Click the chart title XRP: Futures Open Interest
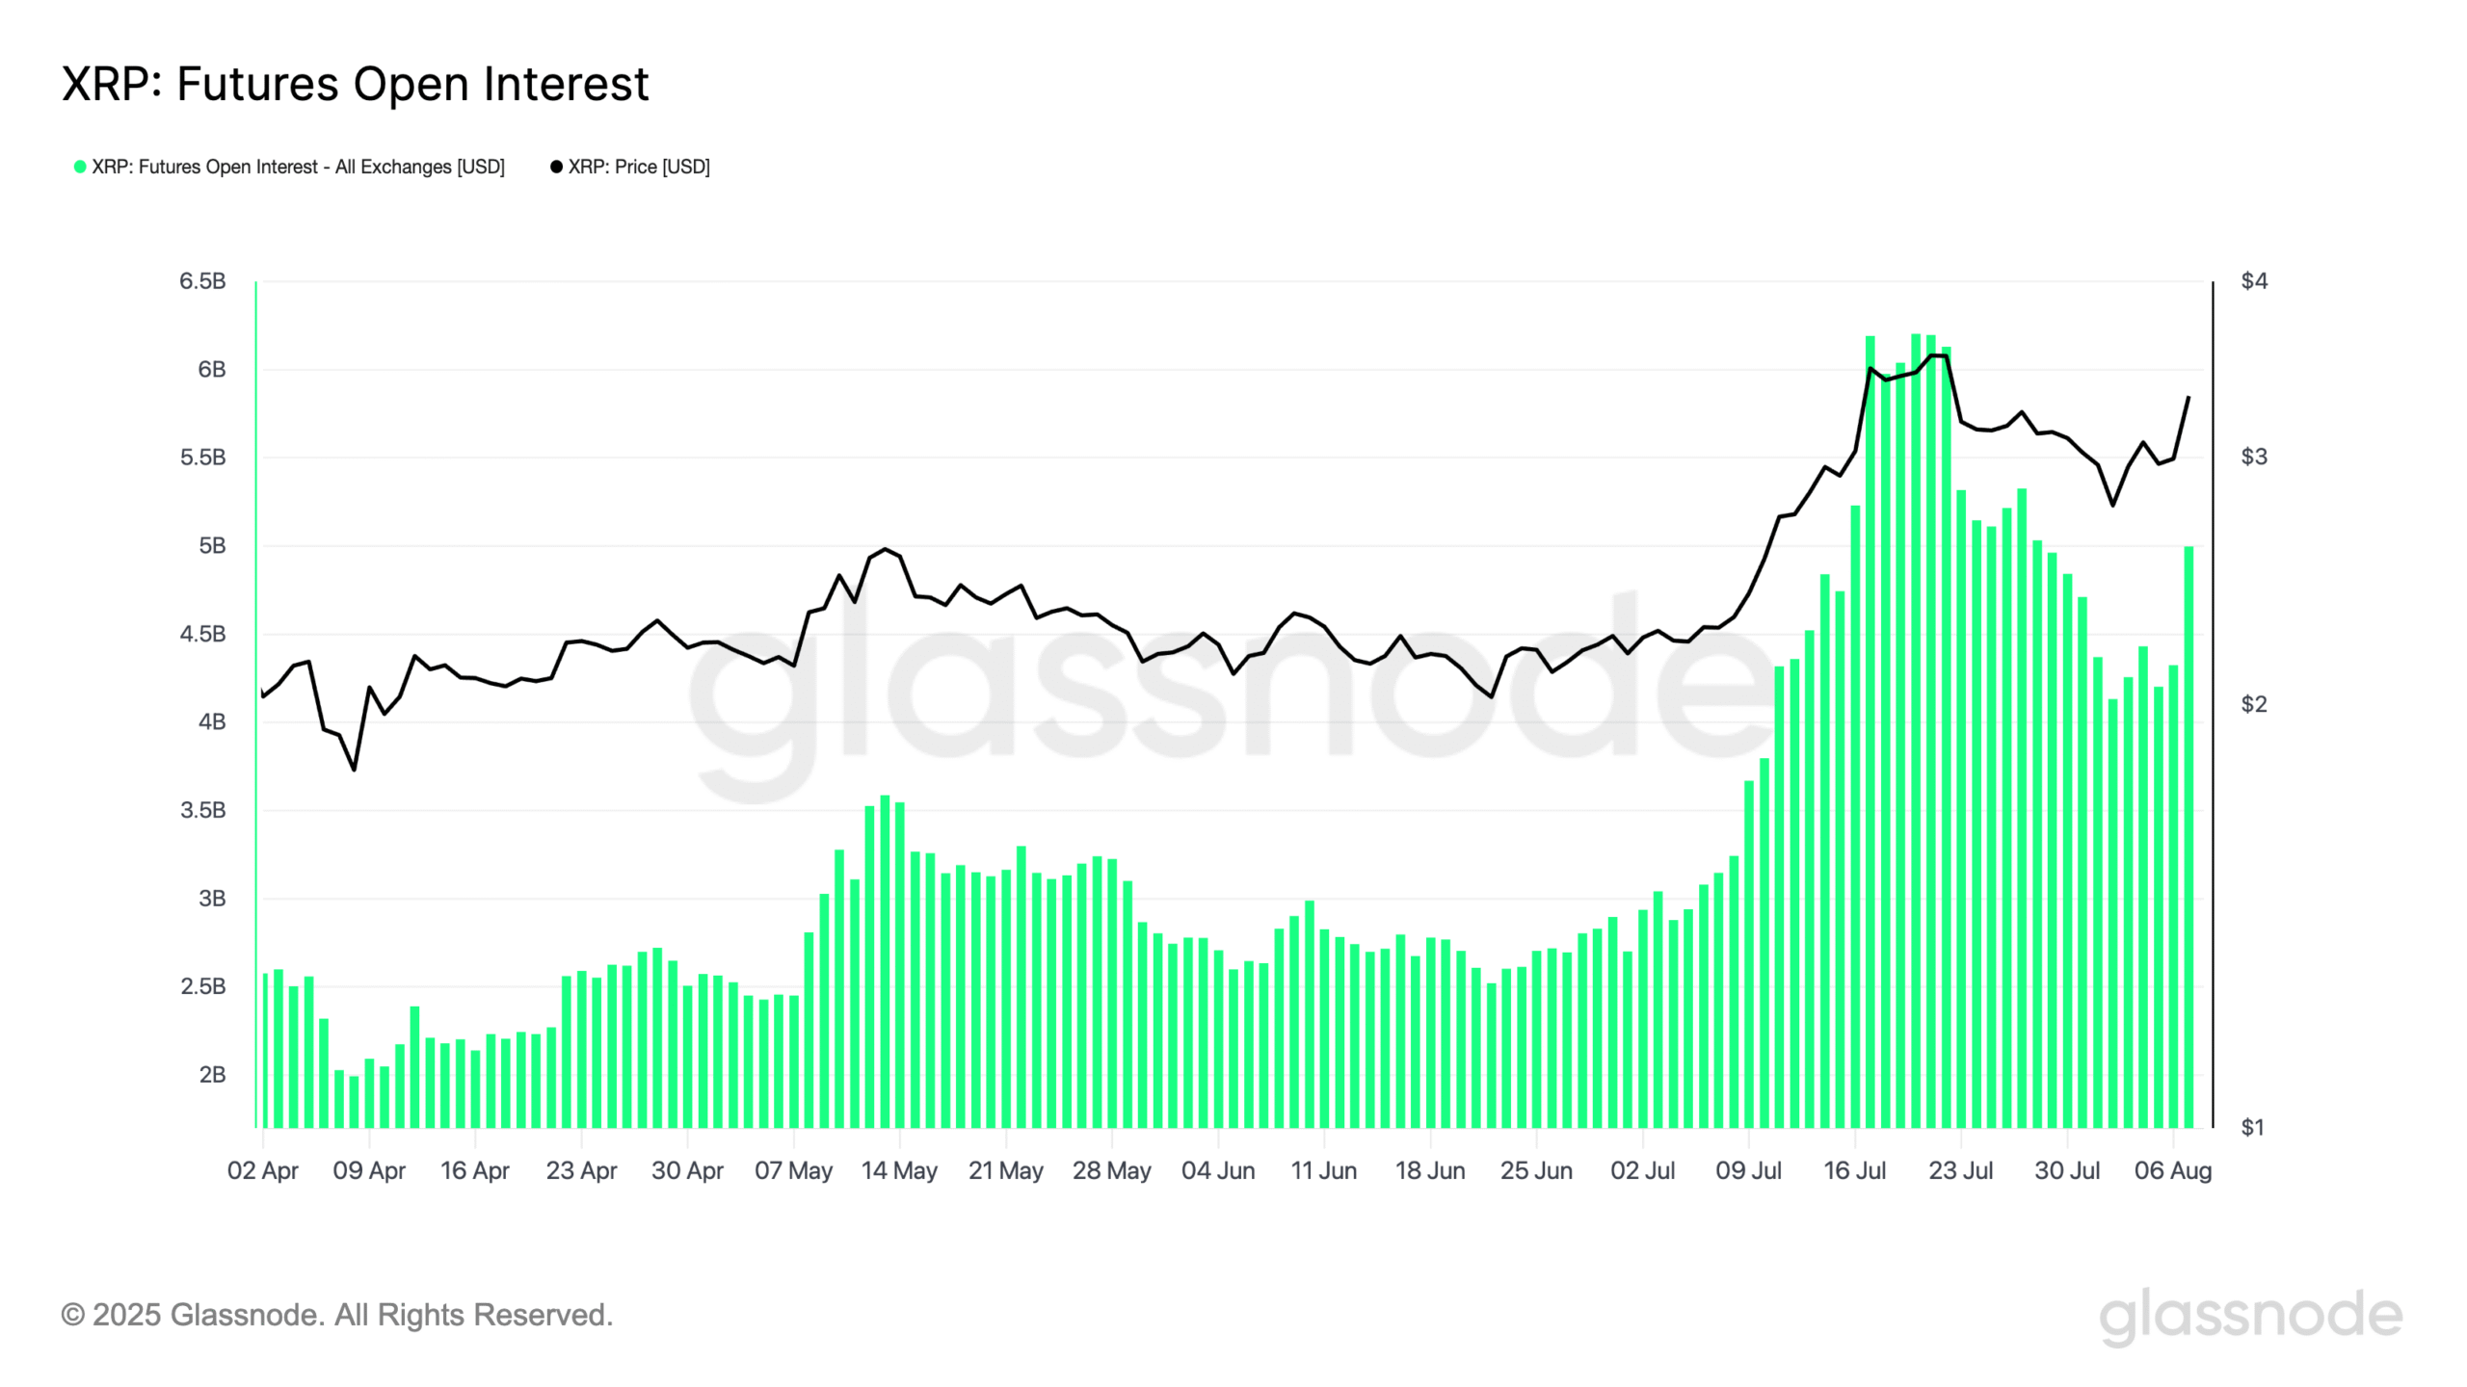355,84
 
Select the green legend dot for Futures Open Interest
80,167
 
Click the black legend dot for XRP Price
556,167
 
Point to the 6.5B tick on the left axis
202,281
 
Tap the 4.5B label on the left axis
202,634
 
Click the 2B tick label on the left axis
212,1075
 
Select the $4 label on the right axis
2254,281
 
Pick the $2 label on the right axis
2254,704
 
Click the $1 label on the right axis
2252,1127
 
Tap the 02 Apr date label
262,1171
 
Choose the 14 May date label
899,1171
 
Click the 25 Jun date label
1536,1171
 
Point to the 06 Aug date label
2173,1171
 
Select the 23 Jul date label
1961,1171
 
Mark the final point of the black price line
2188,397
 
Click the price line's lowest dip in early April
354,770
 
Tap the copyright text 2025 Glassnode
337,1315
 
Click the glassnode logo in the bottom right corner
2250,1317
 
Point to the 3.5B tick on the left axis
202,810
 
